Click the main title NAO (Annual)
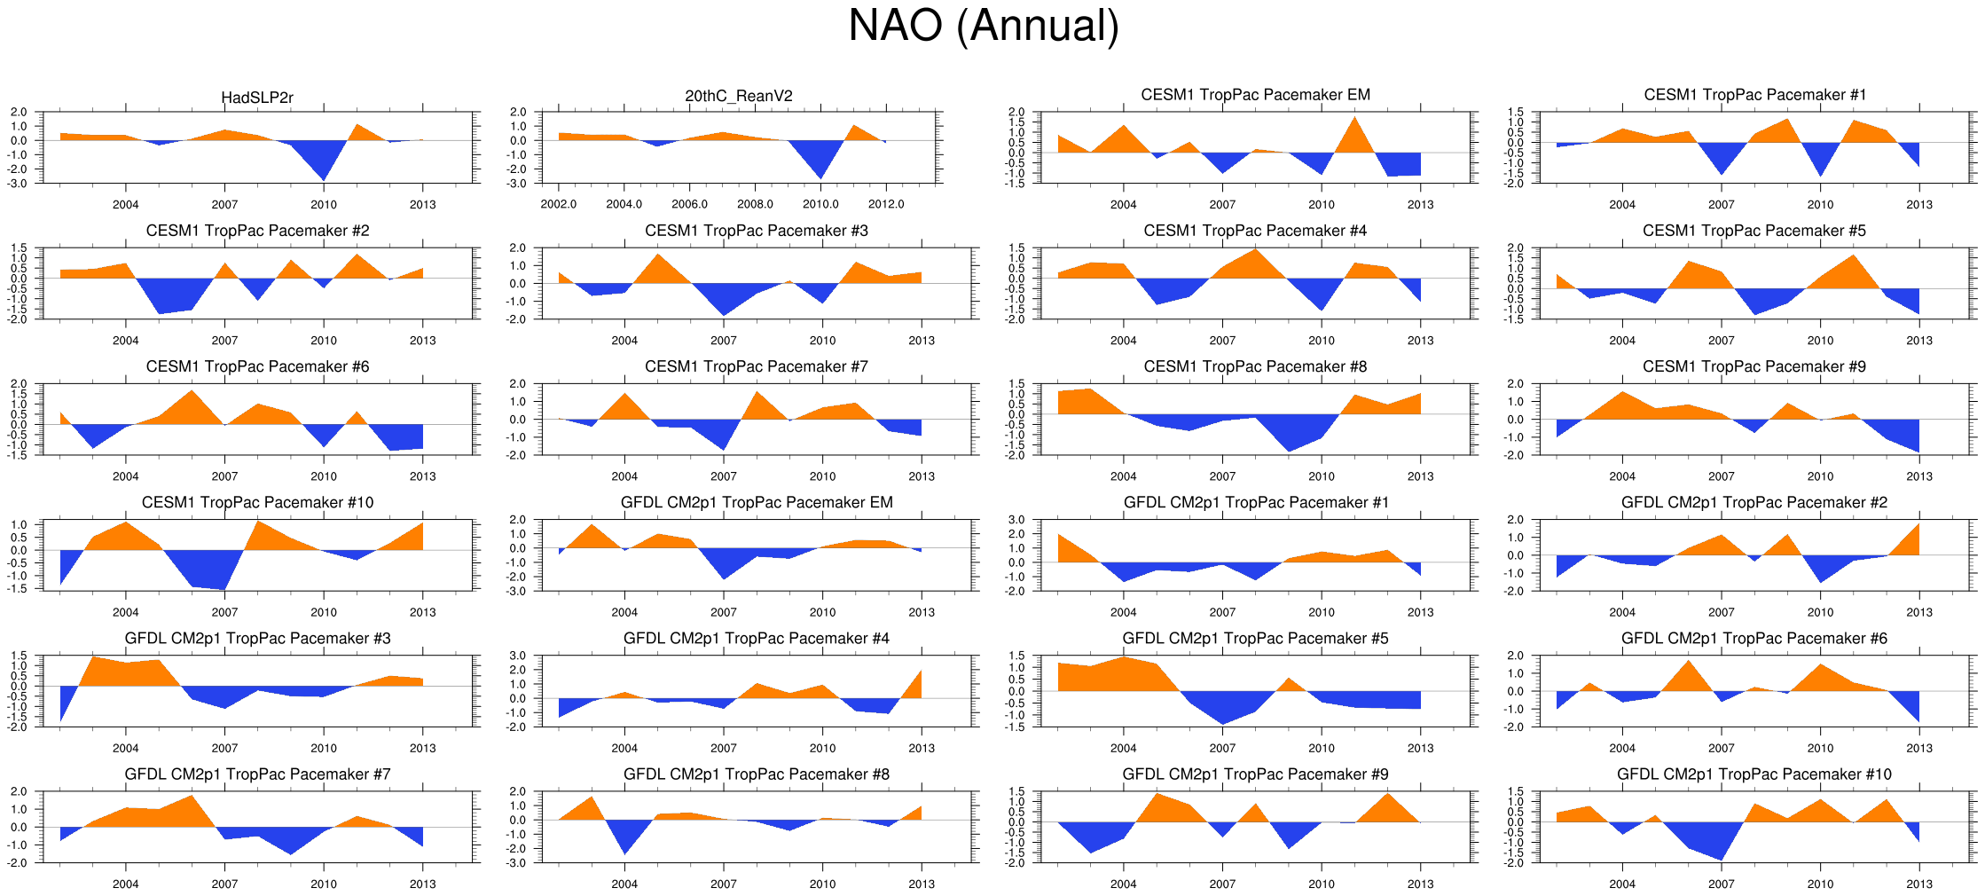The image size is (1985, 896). point(983,26)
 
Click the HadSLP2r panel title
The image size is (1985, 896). point(257,98)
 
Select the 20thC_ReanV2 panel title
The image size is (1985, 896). point(739,96)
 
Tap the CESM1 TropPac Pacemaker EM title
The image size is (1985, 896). point(1255,95)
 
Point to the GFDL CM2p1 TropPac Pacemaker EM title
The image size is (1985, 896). point(757,502)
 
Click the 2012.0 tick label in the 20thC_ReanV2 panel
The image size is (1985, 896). point(886,204)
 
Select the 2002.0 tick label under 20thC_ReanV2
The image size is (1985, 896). point(559,204)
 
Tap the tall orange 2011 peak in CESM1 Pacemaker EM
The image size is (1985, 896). point(1354,133)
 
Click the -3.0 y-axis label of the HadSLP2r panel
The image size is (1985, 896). point(19,184)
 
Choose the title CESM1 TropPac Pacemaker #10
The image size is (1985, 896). point(257,502)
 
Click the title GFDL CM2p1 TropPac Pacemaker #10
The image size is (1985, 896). point(1754,774)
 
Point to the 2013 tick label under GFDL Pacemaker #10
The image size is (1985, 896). point(1919,884)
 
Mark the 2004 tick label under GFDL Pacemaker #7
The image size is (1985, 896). point(125,884)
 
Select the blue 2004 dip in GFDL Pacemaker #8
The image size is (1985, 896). point(625,838)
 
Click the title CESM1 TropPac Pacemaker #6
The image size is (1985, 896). point(257,366)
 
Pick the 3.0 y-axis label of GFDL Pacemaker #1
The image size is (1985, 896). point(1016,520)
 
